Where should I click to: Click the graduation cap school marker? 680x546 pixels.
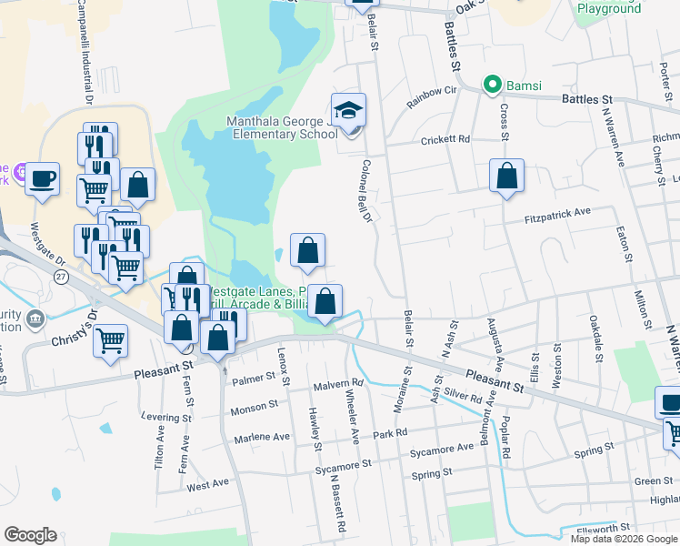[x=348, y=110]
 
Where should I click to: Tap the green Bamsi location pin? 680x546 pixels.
[x=493, y=86]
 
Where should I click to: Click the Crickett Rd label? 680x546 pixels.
[x=445, y=139]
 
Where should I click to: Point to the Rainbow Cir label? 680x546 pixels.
[x=431, y=96]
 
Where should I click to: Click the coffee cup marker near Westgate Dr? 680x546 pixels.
[x=42, y=178]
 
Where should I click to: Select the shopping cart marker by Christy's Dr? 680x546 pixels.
[x=111, y=340]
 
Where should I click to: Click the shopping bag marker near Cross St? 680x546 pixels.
[x=506, y=175]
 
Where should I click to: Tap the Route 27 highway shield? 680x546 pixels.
[x=62, y=276]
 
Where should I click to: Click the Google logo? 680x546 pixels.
[x=30, y=535]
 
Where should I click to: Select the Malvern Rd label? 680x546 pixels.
[x=338, y=384]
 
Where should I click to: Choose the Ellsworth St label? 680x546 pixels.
[x=602, y=528]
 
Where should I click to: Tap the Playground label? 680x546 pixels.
[x=609, y=8]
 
